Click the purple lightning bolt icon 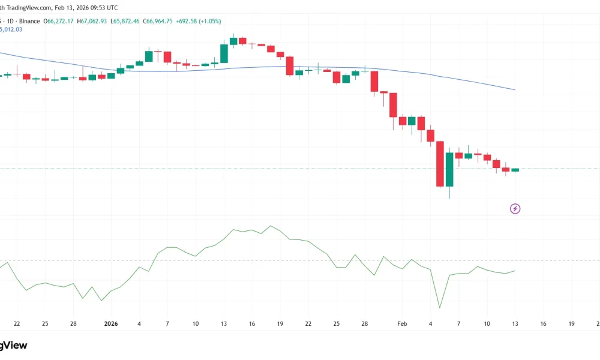[515, 209]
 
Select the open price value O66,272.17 [59, 21]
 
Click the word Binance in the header [29, 21]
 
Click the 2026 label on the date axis [110, 324]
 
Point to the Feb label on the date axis [402, 324]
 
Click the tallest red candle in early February [440, 164]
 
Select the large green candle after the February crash [449, 169]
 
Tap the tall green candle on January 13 [224, 53]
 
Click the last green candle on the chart [515, 170]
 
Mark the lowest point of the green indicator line [440, 308]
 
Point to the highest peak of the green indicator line [271, 226]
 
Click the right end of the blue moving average [515, 90]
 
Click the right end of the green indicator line [515, 271]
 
